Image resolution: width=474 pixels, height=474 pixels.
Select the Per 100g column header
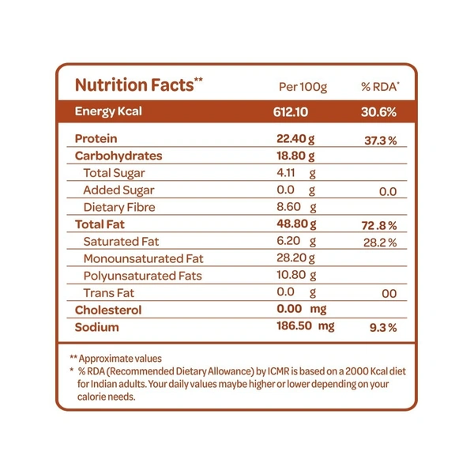click(303, 86)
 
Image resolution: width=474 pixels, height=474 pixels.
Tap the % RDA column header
click(380, 86)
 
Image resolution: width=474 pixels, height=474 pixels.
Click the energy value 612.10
click(288, 111)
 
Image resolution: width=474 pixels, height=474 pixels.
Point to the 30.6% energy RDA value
click(378, 111)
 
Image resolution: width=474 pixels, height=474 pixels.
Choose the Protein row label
click(95, 139)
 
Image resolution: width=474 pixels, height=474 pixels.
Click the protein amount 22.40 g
click(294, 139)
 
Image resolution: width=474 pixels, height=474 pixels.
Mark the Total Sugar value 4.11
click(285, 173)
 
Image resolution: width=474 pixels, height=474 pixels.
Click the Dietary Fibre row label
click(118, 208)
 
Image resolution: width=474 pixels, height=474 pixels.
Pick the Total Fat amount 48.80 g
click(294, 225)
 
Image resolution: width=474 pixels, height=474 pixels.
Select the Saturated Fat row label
click(121, 242)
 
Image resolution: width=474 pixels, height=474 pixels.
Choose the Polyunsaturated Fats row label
click(142, 276)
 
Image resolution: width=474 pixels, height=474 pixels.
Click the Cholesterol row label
click(107, 310)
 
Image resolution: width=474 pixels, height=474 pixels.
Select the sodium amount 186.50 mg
click(303, 326)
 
